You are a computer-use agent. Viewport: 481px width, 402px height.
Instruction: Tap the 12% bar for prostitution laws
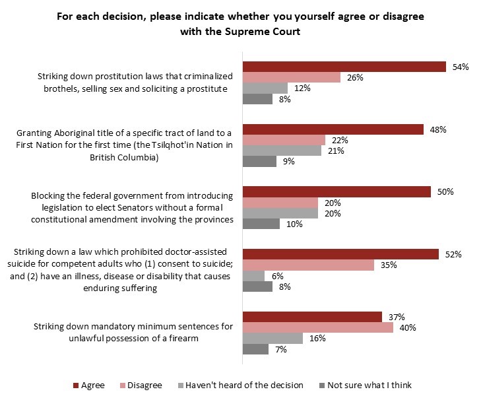pyautogui.click(x=266, y=88)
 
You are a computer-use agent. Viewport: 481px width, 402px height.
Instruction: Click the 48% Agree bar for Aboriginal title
pyautogui.click(x=333, y=129)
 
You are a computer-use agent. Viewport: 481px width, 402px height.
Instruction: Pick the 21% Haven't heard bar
pyautogui.click(x=282, y=151)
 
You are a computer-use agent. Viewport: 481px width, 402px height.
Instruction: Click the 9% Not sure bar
pyautogui.click(x=260, y=162)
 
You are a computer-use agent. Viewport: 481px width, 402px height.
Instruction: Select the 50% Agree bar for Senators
pyautogui.click(x=337, y=191)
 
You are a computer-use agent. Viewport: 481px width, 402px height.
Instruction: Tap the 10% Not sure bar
pyautogui.click(x=261, y=224)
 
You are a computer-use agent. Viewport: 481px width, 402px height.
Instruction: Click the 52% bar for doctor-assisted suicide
pyautogui.click(x=341, y=254)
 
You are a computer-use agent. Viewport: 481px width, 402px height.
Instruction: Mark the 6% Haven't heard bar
pyautogui.click(x=254, y=276)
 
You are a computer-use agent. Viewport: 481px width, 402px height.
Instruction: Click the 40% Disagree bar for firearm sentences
pyautogui.click(x=318, y=327)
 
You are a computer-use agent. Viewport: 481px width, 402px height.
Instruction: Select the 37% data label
pyautogui.click(x=397, y=317)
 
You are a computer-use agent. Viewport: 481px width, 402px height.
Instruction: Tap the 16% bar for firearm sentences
pyautogui.click(x=273, y=338)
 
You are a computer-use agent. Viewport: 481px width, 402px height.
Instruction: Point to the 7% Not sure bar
pyautogui.click(x=256, y=349)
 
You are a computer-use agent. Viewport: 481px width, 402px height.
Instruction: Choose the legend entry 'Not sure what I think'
pyautogui.click(x=367, y=385)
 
